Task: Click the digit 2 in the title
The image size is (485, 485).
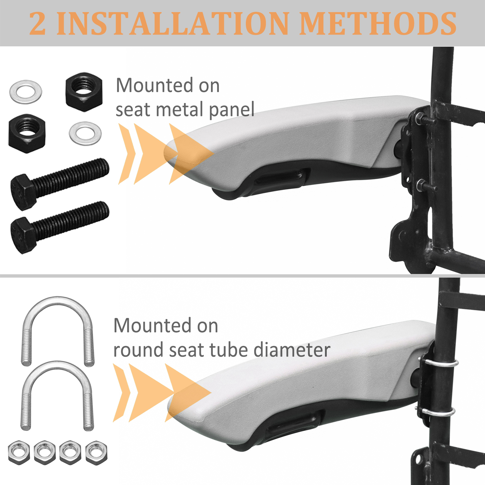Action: tap(38, 23)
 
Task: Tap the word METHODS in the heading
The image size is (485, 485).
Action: tap(378, 23)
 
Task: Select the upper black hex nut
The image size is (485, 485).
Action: tap(84, 92)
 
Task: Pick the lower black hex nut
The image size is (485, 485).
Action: tap(27, 133)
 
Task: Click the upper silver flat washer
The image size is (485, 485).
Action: tap(26, 92)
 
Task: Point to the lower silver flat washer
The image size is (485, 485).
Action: tap(85, 133)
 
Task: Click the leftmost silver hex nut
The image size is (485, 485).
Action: tap(19, 453)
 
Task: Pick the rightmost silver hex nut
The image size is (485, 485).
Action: tap(96, 453)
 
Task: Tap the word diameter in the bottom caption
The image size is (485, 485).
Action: tap(292, 350)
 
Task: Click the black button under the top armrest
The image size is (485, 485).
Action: tap(279, 179)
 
